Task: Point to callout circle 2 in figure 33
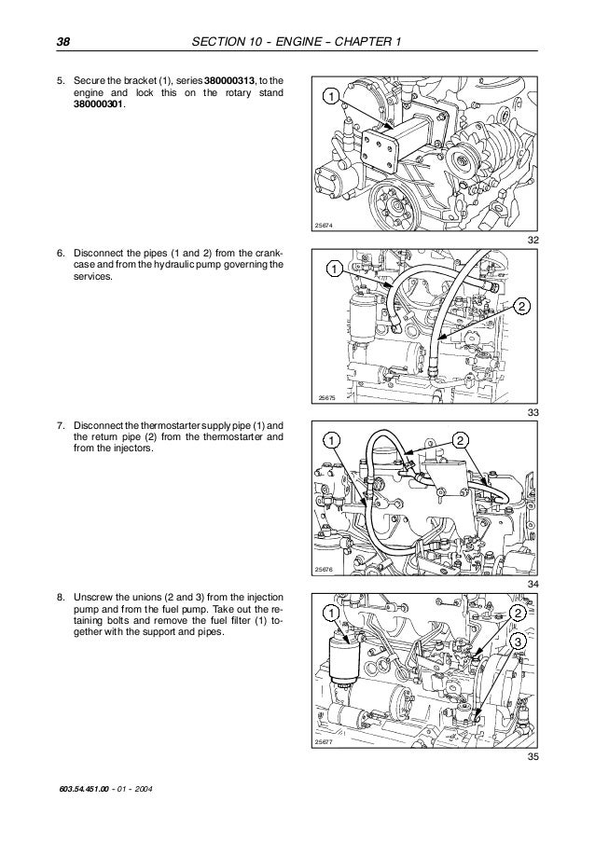521,307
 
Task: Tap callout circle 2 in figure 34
460,440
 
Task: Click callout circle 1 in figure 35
330,612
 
